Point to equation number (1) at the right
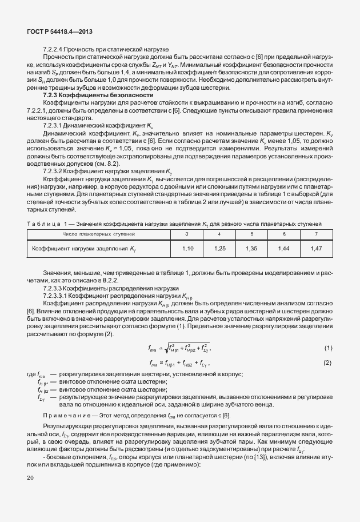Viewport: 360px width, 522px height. coord(328,348)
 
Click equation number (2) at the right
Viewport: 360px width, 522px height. coord(328,362)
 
